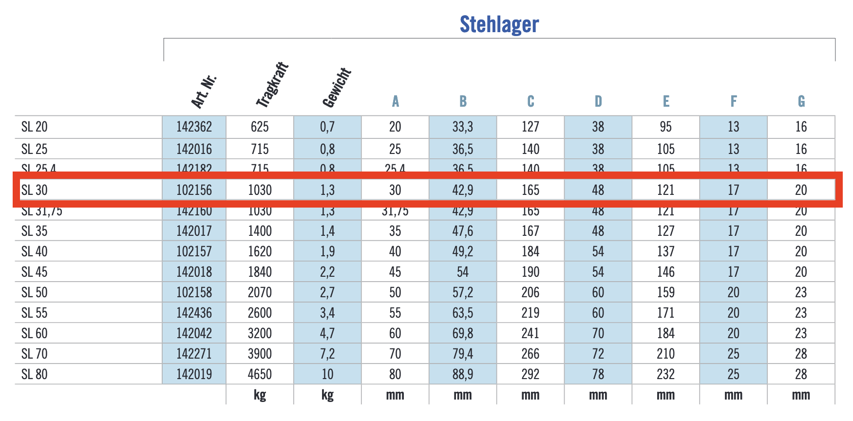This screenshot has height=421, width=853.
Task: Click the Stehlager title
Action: [x=499, y=24]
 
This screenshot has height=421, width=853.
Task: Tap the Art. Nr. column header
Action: [x=203, y=92]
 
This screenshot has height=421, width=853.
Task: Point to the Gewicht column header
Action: [x=337, y=88]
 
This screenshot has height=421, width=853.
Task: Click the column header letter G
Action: [x=801, y=101]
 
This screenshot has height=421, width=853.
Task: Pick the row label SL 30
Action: [x=35, y=190]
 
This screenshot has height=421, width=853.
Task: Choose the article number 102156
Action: [x=194, y=190]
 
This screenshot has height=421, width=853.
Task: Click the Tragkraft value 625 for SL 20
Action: [x=260, y=127]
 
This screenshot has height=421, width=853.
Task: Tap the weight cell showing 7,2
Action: [x=327, y=354]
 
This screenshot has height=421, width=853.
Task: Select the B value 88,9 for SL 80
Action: [x=462, y=374]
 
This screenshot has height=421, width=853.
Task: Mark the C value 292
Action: [x=530, y=374]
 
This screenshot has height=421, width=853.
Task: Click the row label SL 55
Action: [x=35, y=313]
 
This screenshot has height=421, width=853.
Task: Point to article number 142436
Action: [x=194, y=313]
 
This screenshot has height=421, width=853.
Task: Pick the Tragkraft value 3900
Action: [x=260, y=354]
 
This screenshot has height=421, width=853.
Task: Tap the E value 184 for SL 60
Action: [x=665, y=333]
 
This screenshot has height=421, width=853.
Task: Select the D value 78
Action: [x=598, y=374]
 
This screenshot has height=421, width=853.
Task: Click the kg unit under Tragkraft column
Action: [x=260, y=395]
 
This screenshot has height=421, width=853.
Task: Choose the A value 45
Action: [x=395, y=272]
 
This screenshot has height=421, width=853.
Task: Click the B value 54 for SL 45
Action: [x=462, y=272]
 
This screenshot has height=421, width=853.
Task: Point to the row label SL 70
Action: [x=35, y=354]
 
